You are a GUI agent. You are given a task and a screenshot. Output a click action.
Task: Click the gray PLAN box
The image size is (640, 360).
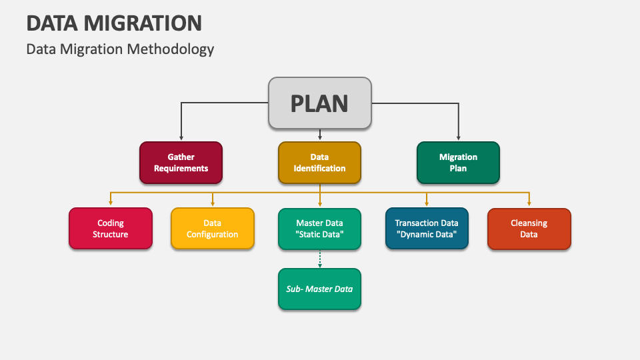point(319,103)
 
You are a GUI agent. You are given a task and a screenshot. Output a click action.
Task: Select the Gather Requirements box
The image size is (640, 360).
point(181,163)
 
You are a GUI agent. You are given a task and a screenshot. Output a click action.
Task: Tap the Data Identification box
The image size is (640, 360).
point(319,163)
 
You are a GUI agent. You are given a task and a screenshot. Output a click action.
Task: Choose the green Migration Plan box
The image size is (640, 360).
point(458,163)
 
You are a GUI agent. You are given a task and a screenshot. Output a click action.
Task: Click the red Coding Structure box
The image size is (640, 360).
point(111,229)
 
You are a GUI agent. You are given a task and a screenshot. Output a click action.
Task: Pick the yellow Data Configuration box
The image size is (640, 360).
point(213,229)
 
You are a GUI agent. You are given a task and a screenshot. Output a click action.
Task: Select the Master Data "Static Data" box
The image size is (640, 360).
point(319,229)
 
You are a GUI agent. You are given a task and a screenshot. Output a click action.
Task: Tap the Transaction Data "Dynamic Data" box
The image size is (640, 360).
point(427,229)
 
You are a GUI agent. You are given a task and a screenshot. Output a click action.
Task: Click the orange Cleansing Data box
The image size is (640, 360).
point(529,229)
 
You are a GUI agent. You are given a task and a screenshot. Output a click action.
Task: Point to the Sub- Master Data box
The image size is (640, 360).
point(319,289)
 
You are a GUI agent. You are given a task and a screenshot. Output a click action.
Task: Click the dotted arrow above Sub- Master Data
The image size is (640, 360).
point(320,259)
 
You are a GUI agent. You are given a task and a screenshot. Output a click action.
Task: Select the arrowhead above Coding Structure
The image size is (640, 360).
point(111,203)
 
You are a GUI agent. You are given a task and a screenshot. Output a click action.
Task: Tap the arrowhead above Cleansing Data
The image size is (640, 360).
point(529,203)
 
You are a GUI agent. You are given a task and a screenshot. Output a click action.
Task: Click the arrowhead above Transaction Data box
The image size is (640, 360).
point(427,203)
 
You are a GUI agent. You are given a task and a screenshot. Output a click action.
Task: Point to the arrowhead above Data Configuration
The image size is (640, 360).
point(213,203)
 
